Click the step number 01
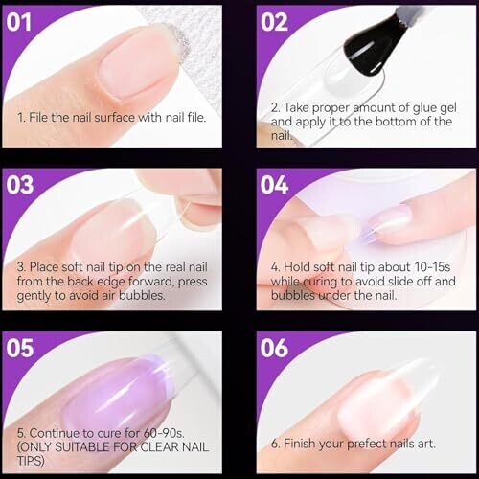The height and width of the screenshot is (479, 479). (19, 22)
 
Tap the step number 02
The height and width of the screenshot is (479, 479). (274, 22)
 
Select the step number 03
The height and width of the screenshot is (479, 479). (20, 185)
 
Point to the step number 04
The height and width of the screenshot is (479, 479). (274, 185)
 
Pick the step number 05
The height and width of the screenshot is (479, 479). (20, 348)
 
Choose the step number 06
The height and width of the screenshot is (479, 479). (274, 348)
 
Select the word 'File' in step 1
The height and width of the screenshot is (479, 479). (38, 118)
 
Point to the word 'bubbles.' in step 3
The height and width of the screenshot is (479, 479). (142, 296)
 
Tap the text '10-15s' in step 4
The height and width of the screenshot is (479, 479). (432, 267)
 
